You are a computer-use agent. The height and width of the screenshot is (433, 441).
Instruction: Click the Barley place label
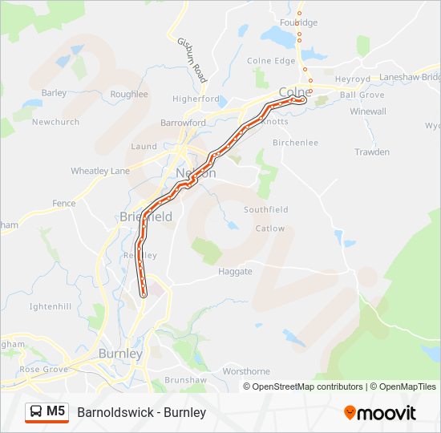[x=55, y=93]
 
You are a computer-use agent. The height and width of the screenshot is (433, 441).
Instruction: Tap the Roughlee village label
[x=129, y=94]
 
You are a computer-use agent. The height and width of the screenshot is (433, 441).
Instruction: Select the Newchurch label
[x=55, y=122]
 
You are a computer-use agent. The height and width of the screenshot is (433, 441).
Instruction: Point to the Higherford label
[x=196, y=99]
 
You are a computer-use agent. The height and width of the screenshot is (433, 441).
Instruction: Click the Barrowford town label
[x=183, y=123]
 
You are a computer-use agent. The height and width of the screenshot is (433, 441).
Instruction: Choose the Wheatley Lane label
[x=100, y=171]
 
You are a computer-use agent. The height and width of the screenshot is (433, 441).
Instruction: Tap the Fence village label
[x=64, y=204]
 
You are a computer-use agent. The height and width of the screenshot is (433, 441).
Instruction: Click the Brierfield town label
[x=145, y=216]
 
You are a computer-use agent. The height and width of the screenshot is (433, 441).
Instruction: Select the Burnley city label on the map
[x=120, y=353]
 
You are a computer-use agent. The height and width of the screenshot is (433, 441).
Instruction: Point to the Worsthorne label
[x=246, y=371]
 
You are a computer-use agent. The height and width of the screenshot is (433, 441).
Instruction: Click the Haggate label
[x=235, y=271]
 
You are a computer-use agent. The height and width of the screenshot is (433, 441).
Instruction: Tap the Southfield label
[x=266, y=209]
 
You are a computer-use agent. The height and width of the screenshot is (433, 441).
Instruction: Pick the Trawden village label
[x=372, y=152]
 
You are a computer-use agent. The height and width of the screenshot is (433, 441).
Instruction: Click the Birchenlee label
[x=296, y=143]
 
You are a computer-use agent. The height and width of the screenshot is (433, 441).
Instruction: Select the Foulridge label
[x=299, y=22]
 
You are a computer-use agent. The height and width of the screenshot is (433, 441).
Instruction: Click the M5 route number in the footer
[x=55, y=411]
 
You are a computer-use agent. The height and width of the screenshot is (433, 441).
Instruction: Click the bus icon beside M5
[x=36, y=411]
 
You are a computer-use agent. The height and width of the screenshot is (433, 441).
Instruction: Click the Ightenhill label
[x=51, y=306]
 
